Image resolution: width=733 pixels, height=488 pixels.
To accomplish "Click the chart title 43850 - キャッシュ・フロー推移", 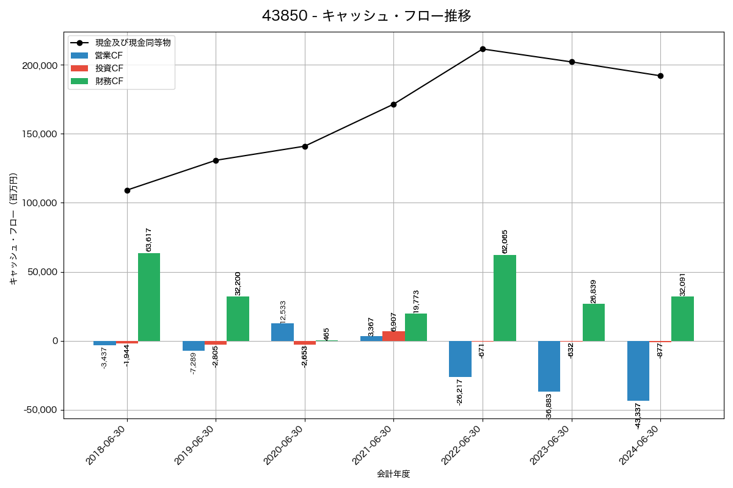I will (366, 16).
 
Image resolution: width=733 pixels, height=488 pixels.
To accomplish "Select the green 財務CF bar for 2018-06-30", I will (149, 297).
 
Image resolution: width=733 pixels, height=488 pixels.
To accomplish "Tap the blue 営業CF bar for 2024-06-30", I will (638, 371).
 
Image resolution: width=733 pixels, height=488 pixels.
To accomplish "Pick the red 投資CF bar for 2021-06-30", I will (393, 336).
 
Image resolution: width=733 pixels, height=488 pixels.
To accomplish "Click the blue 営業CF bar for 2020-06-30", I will (282, 332).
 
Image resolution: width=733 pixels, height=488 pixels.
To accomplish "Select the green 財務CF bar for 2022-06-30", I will (505, 298).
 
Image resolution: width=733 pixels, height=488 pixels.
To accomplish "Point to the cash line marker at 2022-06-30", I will (483, 49).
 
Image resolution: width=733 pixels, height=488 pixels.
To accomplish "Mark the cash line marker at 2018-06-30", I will (127, 190).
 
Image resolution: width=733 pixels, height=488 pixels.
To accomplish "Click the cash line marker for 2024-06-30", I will (660, 76).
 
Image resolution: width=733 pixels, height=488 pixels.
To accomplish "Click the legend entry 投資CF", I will (109, 68).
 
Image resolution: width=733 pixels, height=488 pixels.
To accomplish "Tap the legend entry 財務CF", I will (109, 81).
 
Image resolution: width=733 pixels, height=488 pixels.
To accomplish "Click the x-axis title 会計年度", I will (393, 474).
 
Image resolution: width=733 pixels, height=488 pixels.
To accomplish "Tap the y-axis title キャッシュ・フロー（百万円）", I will (13, 229).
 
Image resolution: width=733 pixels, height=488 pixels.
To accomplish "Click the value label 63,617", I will (149, 239).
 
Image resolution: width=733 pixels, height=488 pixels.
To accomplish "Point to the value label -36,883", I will (549, 406).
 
